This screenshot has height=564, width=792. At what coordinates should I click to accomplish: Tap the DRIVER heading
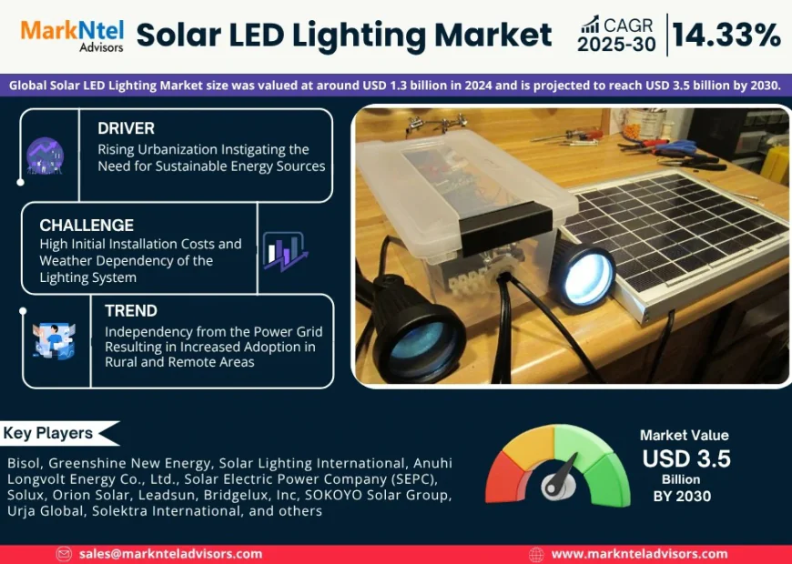click(127, 128)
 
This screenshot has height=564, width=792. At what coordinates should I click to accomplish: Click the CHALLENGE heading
click(86, 225)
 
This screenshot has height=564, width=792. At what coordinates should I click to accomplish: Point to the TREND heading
click(131, 310)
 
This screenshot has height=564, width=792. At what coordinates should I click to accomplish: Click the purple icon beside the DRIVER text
click(45, 156)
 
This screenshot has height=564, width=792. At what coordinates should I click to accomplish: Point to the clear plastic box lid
click(446, 173)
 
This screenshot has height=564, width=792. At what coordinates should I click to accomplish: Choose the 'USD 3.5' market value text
click(685, 458)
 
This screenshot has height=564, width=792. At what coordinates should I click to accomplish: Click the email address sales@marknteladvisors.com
click(170, 553)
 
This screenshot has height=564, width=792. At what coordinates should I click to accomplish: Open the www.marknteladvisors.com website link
click(639, 553)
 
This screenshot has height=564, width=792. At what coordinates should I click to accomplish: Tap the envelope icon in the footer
click(64, 553)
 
